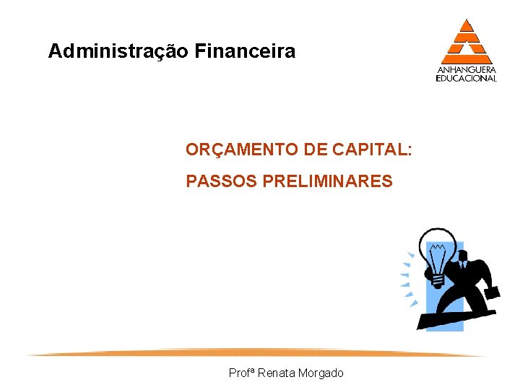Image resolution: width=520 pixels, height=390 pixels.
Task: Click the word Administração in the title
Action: coord(118,52)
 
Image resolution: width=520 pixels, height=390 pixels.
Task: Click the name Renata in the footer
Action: coord(275,373)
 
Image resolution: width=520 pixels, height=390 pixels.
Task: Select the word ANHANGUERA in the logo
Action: coord(467,70)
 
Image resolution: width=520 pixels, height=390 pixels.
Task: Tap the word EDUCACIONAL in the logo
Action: coord(467,78)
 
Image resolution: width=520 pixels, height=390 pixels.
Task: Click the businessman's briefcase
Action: coord(491,292)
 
